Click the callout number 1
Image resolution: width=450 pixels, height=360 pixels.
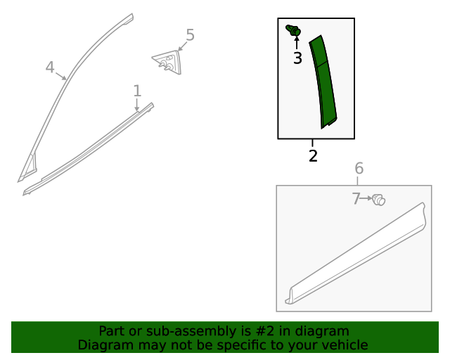coord(137,91)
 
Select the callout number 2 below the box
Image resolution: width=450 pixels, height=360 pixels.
coord(313,155)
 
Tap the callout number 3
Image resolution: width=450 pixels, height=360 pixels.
coord(297,58)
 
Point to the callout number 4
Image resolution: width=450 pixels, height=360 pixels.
coord(50,67)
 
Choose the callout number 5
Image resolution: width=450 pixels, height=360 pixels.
coord(191,35)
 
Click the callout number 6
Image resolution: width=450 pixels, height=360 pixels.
coord(359,168)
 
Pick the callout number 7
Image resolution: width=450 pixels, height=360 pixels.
coord(356,199)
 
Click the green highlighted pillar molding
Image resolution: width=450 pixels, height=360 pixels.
coord(323,82)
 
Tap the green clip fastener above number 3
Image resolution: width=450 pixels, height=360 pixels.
coord(294,30)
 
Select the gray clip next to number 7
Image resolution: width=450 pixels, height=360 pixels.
coord(378,200)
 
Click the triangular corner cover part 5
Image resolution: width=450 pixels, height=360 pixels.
coord(167,62)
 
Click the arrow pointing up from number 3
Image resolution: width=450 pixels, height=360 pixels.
coord(297,43)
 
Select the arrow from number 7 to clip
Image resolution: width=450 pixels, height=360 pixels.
coord(366,198)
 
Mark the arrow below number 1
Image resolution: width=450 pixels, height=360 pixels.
coord(137,105)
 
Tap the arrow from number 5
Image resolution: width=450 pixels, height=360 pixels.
coord(183,46)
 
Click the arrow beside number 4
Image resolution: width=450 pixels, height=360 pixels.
coord(60,76)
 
